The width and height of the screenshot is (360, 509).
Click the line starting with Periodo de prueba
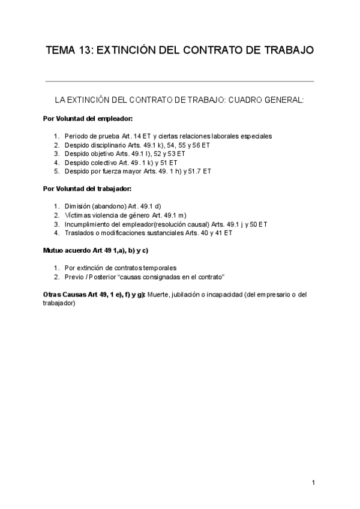pos(168,136)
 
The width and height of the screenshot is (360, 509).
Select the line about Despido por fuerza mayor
pos(137,171)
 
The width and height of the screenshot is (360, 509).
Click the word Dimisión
pos(78,206)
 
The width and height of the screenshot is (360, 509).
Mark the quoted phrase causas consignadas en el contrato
pos(174,276)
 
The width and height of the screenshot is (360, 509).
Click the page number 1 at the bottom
pos(313,483)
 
